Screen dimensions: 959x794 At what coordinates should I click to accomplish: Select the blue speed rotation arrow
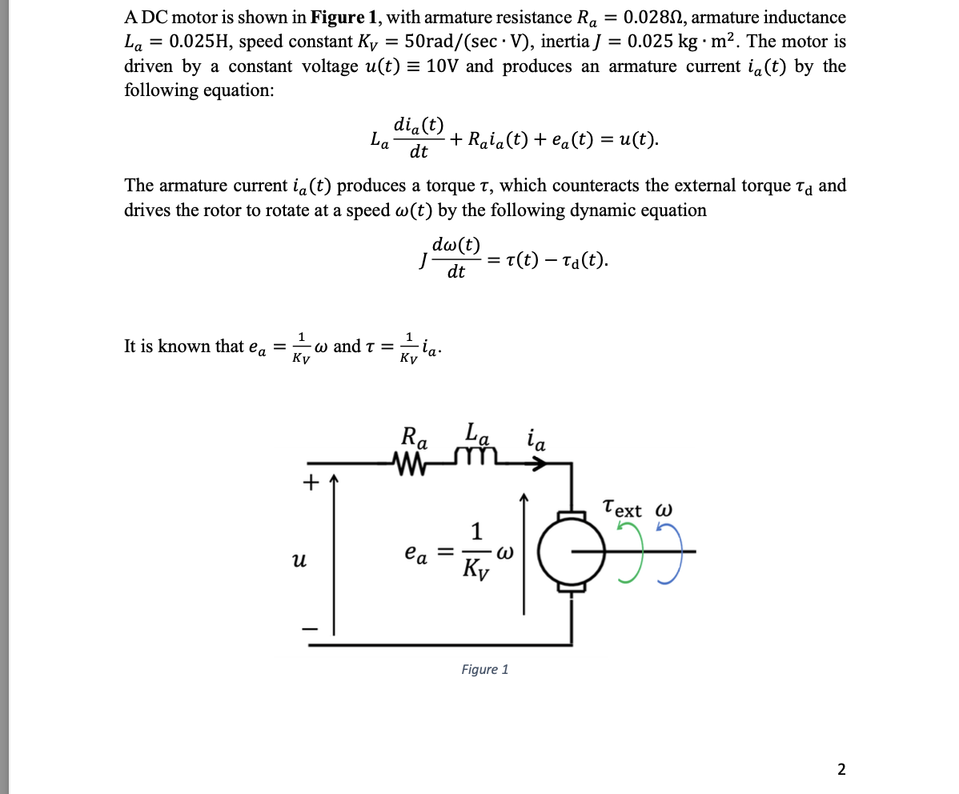[671, 551]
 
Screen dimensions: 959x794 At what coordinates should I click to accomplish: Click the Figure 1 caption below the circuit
[484, 669]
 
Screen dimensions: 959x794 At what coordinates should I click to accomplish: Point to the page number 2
[841, 769]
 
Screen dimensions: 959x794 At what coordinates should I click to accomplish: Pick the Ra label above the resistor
[415, 439]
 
